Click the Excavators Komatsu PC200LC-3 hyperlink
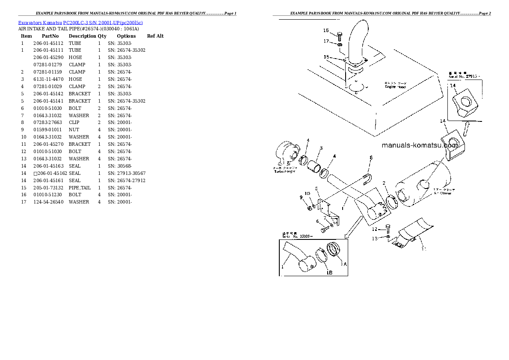[x=80, y=22]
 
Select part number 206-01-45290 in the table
[x=48, y=57]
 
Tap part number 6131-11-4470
[x=48, y=79]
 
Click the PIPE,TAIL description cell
[x=80, y=188]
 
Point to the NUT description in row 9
[x=74, y=130]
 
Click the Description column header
[x=82, y=36]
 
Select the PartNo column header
[x=50, y=36]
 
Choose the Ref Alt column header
[x=155, y=36]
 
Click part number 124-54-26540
[x=48, y=202]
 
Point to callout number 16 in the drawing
[x=326, y=31]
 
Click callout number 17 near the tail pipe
[x=326, y=41]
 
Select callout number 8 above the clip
[x=371, y=158]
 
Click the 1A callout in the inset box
[x=343, y=264]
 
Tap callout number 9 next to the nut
[x=301, y=197]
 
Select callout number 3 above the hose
[x=321, y=148]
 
